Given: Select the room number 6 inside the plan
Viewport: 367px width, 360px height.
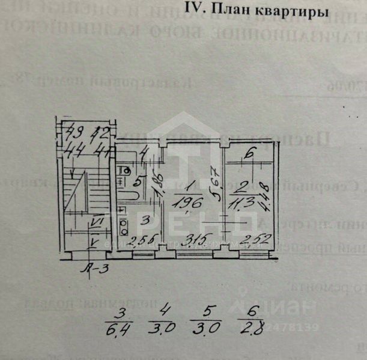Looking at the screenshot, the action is (249, 153).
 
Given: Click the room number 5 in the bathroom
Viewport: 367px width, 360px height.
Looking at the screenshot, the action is (137, 180).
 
